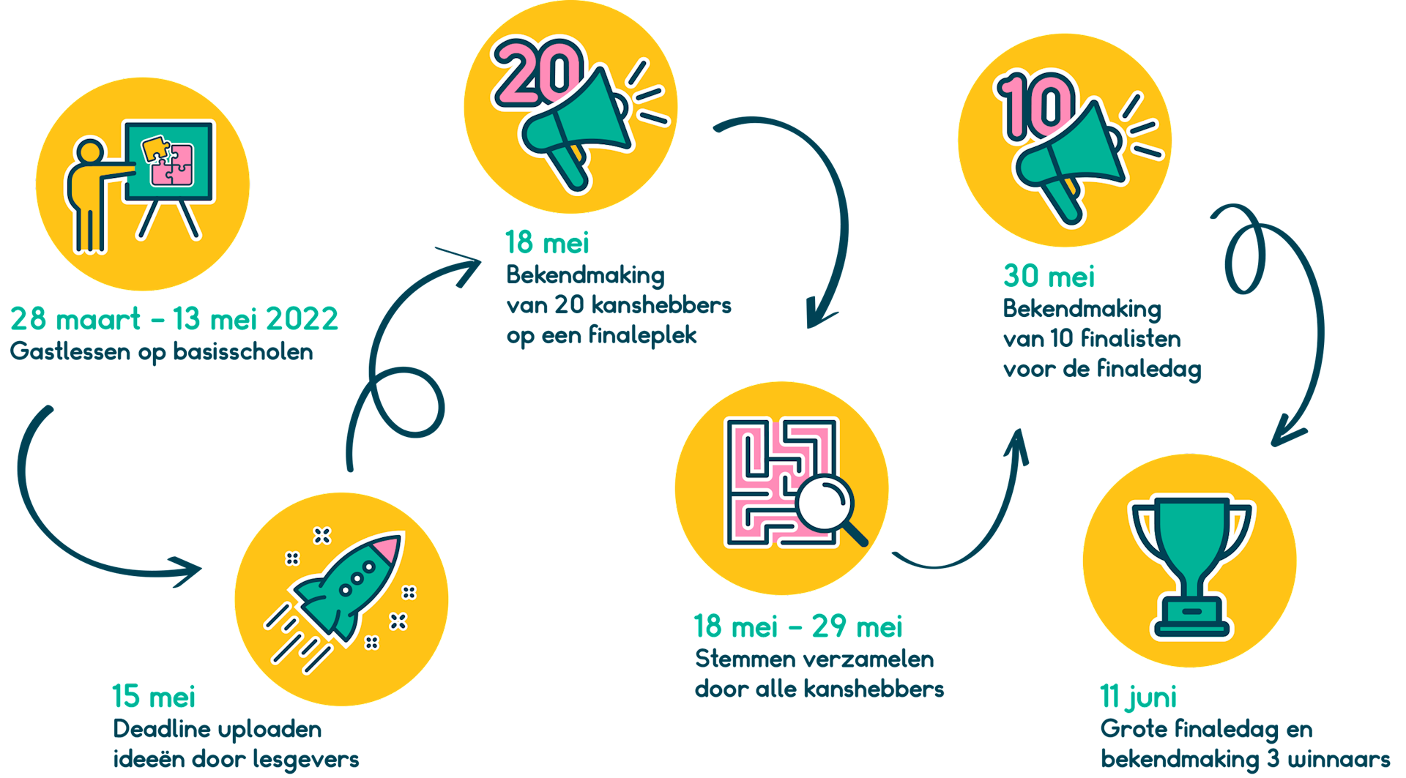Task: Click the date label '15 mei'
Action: click(154, 696)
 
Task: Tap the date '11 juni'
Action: click(1138, 697)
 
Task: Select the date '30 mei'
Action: click(1049, 276)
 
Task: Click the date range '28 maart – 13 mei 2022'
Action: click(174, 318)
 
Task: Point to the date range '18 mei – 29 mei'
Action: click(798, 626)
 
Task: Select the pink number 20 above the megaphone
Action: click(538, 72)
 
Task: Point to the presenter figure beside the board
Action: click(92, 195)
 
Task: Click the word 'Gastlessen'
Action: click(70, 352)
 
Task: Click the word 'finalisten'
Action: click(1131, 339)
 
